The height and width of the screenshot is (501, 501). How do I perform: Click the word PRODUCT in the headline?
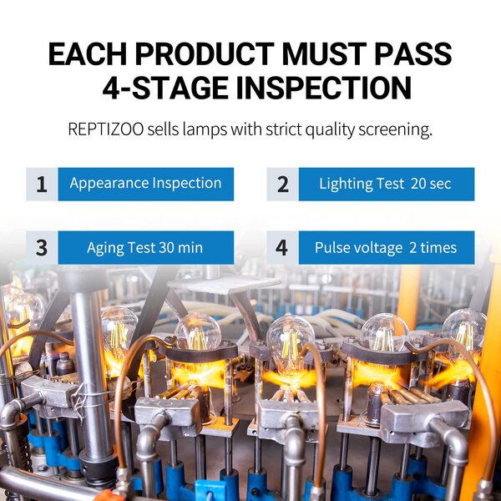pyautogui.click(x=205, y=53)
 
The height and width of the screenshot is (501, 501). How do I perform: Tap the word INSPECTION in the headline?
pyautogui.click(x=324, y=88)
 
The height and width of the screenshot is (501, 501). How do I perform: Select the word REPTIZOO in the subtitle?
pyautogui.click(x=106, y=129)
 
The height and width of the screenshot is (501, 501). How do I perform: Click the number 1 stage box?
pyautogui.click(x=42, y=184)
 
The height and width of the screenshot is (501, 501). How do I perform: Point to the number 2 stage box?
pyautogui.click(x=283, y=184)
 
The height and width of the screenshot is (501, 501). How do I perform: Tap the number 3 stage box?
pyautogui.click(x=42, y=248)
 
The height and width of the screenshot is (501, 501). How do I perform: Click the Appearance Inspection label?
pyautogui.click(x=145, y=184)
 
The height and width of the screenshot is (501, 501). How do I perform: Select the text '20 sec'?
pyautogui.click(x=431, y=184)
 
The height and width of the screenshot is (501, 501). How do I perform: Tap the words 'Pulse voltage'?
pyautogui.click(x=358, y=248)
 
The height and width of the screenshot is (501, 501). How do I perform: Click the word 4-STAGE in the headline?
pyautogui.click(x=165, y=88)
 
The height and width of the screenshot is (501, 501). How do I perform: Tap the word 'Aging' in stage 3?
pyautogui.click(x=105, y=248)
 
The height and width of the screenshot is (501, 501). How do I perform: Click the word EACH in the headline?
pyautogui.click(x=88, y=53)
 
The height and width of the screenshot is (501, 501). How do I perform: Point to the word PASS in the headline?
pyautogui.click(x=413, y=53)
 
